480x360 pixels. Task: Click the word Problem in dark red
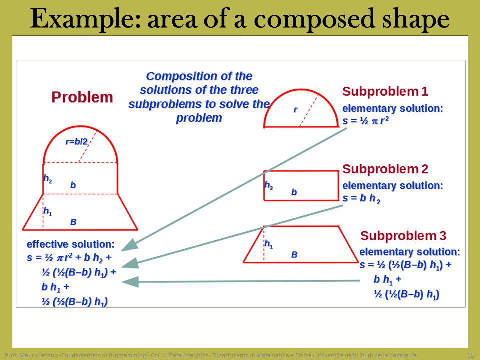coord(82,97)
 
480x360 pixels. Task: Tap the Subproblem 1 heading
coord(385,91)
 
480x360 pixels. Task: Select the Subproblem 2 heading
coord(385,169)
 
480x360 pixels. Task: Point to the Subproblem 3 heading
coord(403,236)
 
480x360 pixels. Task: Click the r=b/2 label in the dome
coord(77,141)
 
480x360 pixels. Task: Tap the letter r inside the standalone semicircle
coord(295,109)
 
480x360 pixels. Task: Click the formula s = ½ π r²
coord(366,121)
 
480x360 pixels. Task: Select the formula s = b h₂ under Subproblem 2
coord(361,198)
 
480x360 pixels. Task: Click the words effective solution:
coord(70,244)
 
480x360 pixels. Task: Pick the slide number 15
coord(471,355)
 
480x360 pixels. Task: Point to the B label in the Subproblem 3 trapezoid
coord(294,254)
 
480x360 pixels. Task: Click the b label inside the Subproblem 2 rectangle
coord(294,192)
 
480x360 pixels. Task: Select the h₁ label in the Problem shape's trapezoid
coord(48,211)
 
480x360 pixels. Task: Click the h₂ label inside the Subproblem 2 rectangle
coord(269,185)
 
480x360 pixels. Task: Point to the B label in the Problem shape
coord(73,222)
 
